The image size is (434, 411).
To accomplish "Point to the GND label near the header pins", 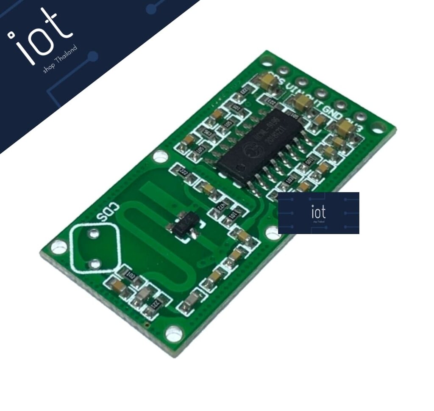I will click(333, 111).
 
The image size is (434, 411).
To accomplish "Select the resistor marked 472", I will click(220, 207).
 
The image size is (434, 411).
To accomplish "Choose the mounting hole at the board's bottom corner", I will click(173, 334).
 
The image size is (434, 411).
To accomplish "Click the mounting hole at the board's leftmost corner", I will click(59, 246).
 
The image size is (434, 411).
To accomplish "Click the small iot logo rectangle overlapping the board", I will click(318, 213).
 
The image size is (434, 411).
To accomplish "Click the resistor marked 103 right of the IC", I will click(290, 180).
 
